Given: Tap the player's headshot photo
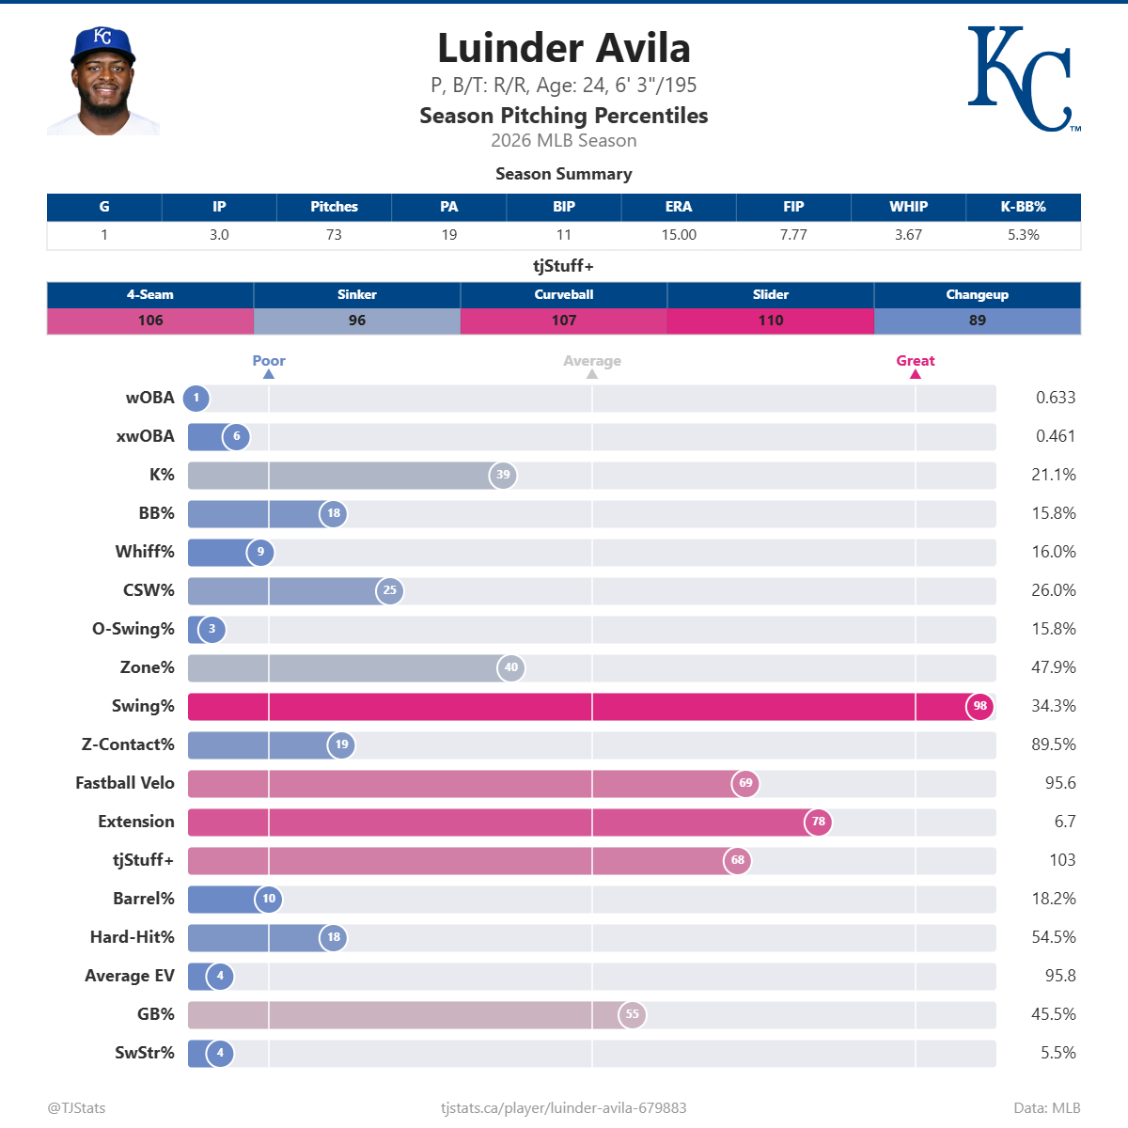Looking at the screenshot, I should coord(103,82).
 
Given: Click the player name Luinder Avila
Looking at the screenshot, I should coord(564,48).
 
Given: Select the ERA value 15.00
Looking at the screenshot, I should coord(679,235).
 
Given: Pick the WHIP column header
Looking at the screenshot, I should coord(908,207).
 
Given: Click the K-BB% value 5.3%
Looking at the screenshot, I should coord(1023,235).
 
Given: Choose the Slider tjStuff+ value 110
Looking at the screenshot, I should coord(771,321).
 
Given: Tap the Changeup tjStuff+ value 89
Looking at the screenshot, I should coord(978,321).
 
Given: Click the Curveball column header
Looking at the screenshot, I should coord(564,294).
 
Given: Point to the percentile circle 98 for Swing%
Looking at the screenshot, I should coord(980,706).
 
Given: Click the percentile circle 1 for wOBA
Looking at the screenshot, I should coord(196,398).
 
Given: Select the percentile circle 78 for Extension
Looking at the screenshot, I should coord(819,822).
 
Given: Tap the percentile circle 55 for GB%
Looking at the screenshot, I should coord(633,1014).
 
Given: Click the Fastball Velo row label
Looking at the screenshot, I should coord(125,783).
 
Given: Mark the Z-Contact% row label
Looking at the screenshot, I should coord(128,744).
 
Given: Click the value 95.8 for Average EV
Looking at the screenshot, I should coord(1060,976).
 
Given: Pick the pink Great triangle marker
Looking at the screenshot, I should coord(916,374).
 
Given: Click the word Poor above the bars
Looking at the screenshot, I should coord(269,361).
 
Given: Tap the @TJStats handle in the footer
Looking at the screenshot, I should coord(77,1107).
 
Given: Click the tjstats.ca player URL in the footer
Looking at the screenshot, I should coord(564,1107).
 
